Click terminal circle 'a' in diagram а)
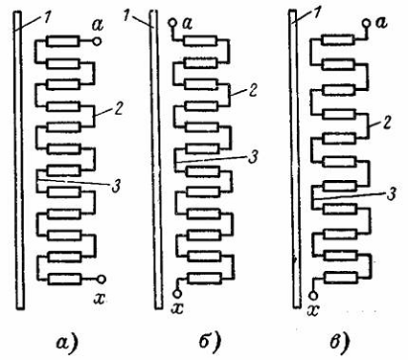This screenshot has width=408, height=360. tap(97, 41)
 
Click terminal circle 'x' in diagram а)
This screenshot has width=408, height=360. tap(102, 279)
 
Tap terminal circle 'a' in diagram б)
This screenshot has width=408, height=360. tap(172, 23)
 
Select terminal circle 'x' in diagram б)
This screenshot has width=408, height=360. tap(177, 293)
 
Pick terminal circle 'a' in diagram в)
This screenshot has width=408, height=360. tap(366, 23)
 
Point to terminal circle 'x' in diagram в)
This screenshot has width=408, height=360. tap(314, 295)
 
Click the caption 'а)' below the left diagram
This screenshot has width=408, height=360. tap(67, 343)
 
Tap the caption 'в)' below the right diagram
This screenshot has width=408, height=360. tap(340, 343)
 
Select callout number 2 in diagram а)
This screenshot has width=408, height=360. tap(118, 108)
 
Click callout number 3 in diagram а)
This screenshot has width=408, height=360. tap(117, 187)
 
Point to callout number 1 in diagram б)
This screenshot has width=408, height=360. tap(126, 15)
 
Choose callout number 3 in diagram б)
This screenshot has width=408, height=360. tap(253, 157)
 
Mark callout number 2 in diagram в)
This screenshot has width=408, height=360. tap(387, 123)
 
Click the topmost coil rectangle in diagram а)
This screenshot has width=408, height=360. tap(62, 41)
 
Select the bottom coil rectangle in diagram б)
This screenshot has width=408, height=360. tap(205, 278)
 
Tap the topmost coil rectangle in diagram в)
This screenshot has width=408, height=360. tap(338, 40)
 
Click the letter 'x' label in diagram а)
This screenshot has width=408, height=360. tap(100, 299)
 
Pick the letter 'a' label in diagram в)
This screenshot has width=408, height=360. tap(381, 23)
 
